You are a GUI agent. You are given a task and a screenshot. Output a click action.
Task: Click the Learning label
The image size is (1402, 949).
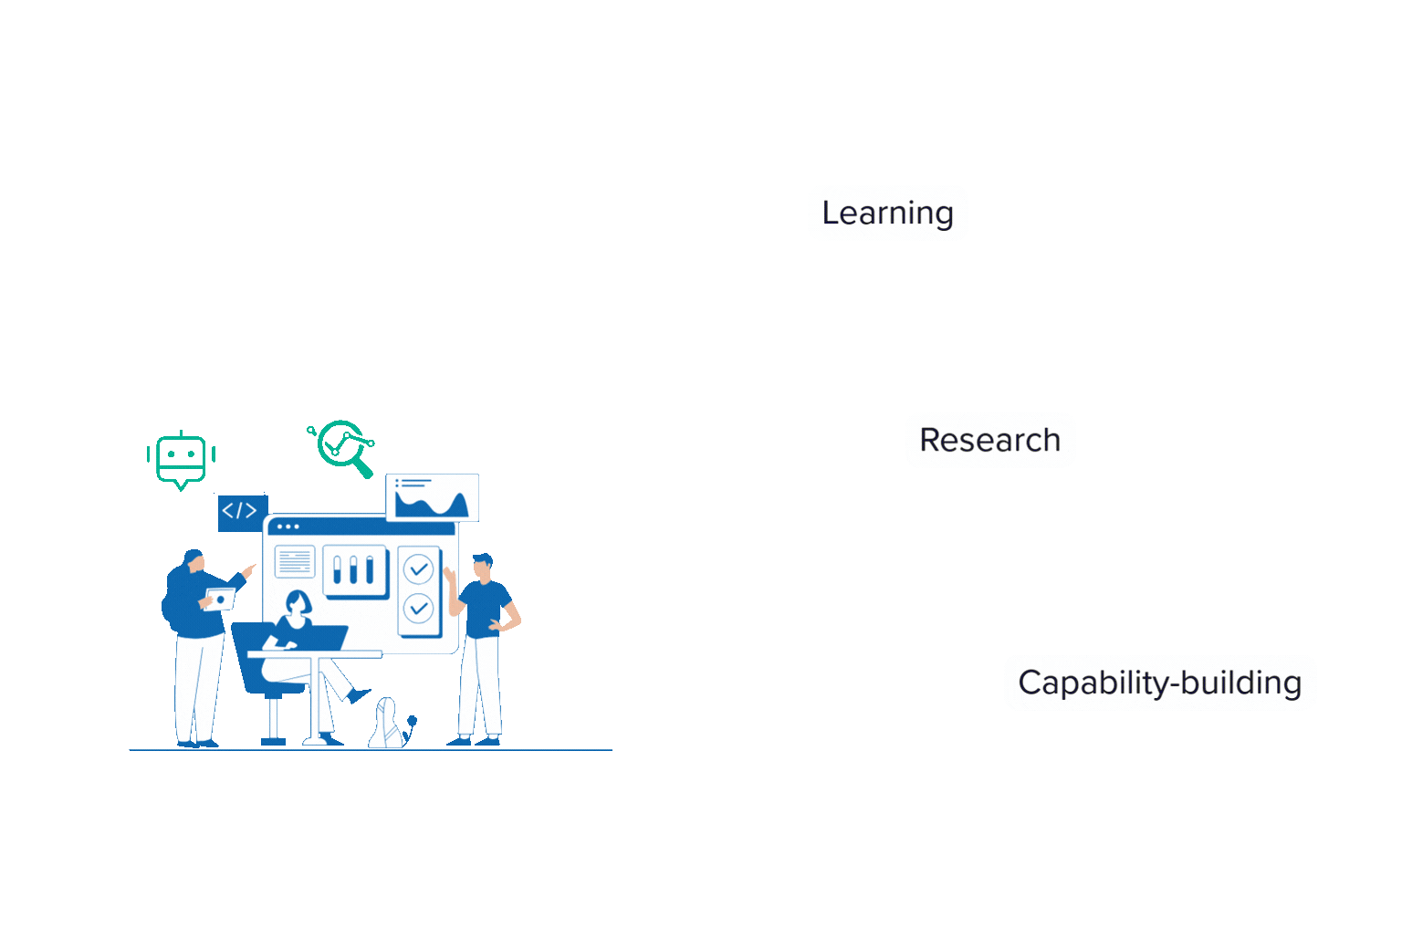(x=887, y=213)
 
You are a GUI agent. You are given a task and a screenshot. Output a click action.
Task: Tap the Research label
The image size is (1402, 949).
(x=989, y=440)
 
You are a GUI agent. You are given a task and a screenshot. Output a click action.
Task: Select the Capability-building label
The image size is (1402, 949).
(x=1159, y=683)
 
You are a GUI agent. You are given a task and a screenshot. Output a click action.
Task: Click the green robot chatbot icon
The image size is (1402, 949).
(x=181, y=459)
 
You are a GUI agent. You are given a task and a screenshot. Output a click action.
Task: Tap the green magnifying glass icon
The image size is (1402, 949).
(x=343, y=446)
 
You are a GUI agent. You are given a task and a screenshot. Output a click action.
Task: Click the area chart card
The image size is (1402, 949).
(x=433, y=497)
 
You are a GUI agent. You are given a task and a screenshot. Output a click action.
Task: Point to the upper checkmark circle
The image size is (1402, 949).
(x=418, y=569)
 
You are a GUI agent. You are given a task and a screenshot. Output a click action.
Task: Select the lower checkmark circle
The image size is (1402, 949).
(x=418, y=608)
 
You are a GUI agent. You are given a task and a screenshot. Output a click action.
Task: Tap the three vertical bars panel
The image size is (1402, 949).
(x=355, y=570)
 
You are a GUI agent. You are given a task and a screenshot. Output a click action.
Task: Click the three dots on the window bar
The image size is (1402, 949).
(x=288, y=527)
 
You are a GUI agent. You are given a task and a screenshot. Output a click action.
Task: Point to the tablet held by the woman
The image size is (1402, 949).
(x=220, y=600)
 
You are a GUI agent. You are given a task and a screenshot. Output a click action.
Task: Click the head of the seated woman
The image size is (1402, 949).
(x=297, y=602)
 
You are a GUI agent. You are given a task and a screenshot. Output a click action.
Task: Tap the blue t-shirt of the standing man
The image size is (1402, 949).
(x=484, y=608)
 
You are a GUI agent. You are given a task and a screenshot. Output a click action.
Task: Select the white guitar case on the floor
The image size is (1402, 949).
(x=387, y=725)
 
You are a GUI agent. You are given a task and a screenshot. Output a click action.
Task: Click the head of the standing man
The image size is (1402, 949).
(x=482, y=565)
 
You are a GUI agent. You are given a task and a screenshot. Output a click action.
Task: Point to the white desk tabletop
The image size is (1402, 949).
(x=315, y=653)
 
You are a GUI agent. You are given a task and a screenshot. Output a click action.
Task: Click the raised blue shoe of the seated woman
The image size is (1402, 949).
(x=360, y=696)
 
